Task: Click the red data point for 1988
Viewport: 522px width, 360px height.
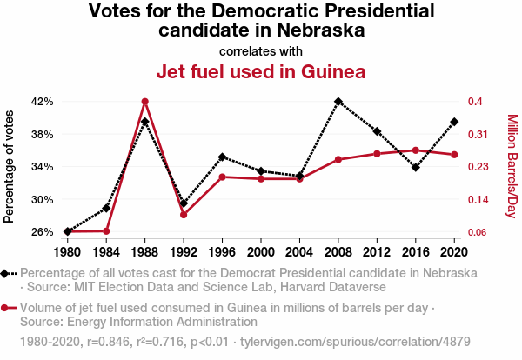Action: tap(145, 102)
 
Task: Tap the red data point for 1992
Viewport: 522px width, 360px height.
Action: tap(184, 215)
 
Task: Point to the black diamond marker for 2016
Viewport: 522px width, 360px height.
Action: tap(416, 168)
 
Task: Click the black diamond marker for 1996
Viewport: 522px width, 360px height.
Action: tap(223, 157)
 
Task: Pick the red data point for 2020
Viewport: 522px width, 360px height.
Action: tap(454, 155)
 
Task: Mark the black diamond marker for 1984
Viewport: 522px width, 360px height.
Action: tap(106, 208)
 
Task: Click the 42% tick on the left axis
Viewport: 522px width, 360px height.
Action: tap(42, 102)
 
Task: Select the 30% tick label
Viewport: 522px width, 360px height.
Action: tap(42, 199)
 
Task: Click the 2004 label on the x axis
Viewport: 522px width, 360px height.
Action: tap(299, 251)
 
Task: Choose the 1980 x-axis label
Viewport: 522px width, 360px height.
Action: tap(67, 251)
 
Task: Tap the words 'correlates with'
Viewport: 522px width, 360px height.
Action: tap(261, 50)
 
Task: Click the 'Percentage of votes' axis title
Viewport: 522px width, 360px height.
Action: tap(10, 165)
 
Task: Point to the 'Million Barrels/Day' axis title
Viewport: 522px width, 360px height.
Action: tap(512, 166)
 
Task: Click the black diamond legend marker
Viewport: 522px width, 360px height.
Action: tap(8, 273)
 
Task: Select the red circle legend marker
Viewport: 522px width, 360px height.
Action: tap(8, 308)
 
